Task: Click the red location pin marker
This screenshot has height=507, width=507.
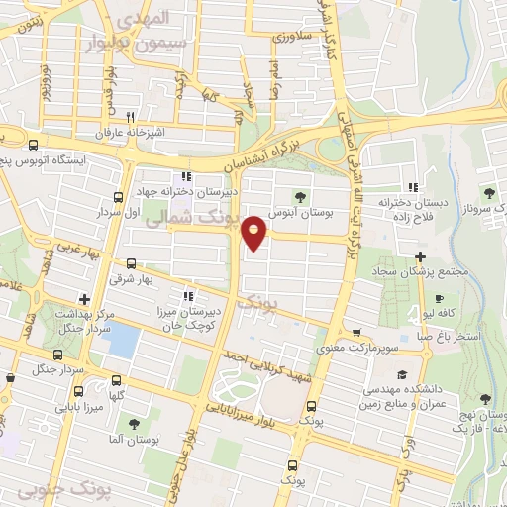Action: point(254,232)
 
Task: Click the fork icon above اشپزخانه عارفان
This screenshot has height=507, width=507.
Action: point(145,114)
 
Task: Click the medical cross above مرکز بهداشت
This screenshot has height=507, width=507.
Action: point(85,298)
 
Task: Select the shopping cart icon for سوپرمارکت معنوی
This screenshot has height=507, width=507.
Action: point(356,332)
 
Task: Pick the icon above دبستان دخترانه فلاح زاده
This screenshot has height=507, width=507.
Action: point(414,185)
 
